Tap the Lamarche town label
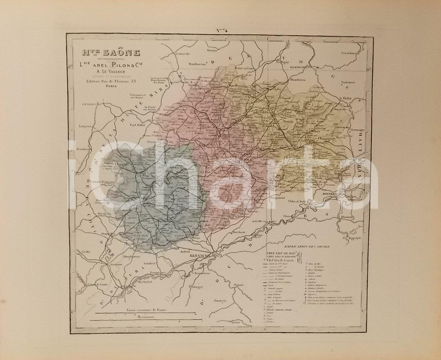[182, 54]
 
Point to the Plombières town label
[298, 80]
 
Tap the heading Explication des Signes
[307, 247]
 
